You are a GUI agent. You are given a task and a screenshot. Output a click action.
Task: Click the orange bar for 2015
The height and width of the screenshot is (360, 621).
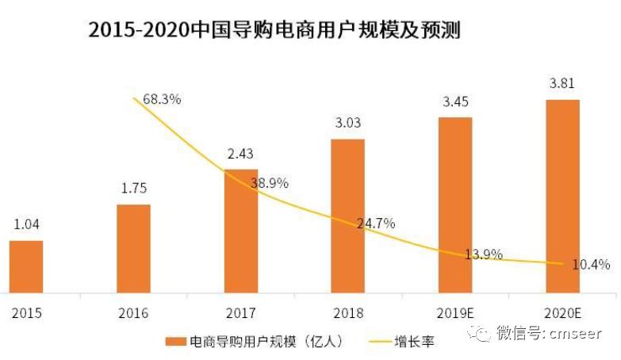[26, 266]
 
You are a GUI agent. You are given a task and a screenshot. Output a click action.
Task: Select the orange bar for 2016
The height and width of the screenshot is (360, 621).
[133, 248]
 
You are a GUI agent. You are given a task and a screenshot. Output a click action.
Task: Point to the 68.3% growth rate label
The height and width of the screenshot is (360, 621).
[163, 100]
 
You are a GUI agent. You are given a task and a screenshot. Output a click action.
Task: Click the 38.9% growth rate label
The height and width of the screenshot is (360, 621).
[269, 183]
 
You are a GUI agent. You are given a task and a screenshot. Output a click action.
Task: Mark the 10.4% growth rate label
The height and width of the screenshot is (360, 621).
[589, 265]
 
